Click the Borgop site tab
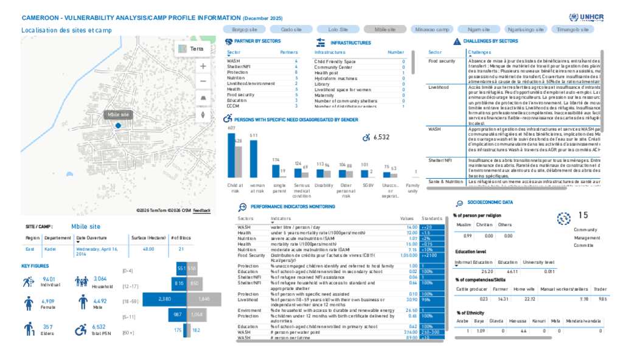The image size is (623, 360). click(x=245, y=29)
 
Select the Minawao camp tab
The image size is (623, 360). click(x=431, y=29)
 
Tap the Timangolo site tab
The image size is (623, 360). click(x=572, y=29)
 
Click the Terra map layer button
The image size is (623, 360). click(x=192, y=49)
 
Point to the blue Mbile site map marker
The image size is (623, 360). click(x=118, y=125)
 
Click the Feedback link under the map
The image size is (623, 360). click(x=202, y=210)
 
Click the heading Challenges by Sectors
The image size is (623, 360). click(x=490, y=41)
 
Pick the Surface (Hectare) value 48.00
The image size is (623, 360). click(x=148, y=249)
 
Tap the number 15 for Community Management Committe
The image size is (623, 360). click(x=583, y=215)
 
